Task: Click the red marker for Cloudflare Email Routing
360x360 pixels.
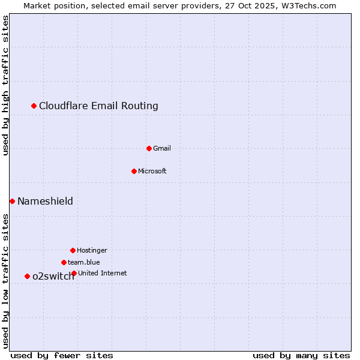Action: [x=34, y=106]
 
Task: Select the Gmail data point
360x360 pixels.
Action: [x=149, y=148]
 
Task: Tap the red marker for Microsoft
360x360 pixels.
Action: [x=134, y=171]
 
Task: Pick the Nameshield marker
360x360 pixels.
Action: [x=12, y=201]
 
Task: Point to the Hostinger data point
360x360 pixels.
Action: [x=73, y=250]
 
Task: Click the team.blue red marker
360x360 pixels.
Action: [x=64, y=262]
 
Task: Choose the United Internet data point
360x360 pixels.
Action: [x=74, y=273]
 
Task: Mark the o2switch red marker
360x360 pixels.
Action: [x=27, y=276]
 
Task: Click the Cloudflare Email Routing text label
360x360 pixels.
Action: [x=98, y=106]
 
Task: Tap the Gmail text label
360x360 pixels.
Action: [x=162, y=148]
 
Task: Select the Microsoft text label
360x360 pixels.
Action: [x=152, y=171]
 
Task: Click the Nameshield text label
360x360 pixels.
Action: [x=45, y=201]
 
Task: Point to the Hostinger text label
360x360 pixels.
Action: [x=92, y=250]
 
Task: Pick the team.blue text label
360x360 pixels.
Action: [x=84, y=262]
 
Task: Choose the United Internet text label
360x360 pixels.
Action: [x=103, y=273]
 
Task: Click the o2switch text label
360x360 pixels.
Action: [x=53, y=277]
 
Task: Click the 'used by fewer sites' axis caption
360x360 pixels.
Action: [x=62, y=355]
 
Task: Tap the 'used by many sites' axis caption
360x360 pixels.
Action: [x=301, y=355]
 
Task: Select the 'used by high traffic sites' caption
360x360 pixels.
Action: [x=5, y=85]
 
